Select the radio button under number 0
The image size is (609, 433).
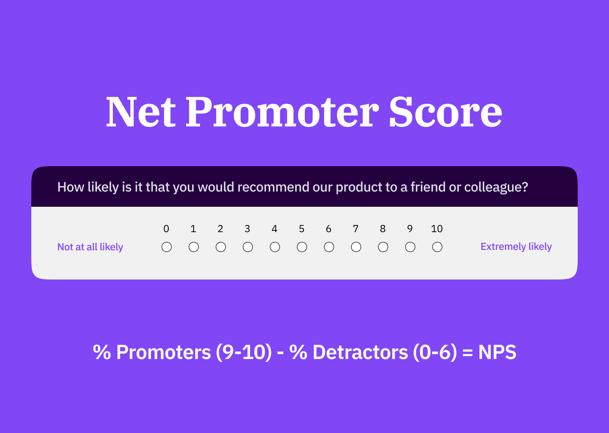167,247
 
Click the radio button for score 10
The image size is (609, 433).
437,247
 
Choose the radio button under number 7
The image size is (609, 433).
356,247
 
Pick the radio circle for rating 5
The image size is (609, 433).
302,247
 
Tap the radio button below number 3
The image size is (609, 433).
248,247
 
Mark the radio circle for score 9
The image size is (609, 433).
410,247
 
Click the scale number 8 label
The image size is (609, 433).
383,229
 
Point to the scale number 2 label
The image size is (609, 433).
220,229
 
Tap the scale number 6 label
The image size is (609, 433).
329,229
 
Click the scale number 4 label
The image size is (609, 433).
274,229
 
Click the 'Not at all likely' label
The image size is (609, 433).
90,247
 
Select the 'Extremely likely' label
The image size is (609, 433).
516,247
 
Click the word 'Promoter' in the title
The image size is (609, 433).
282,112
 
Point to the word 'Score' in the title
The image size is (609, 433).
445,112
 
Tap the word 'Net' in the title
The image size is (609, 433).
140,112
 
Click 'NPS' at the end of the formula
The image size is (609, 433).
497,352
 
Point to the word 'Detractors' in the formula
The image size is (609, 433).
360,352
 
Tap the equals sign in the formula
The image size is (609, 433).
467,353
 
